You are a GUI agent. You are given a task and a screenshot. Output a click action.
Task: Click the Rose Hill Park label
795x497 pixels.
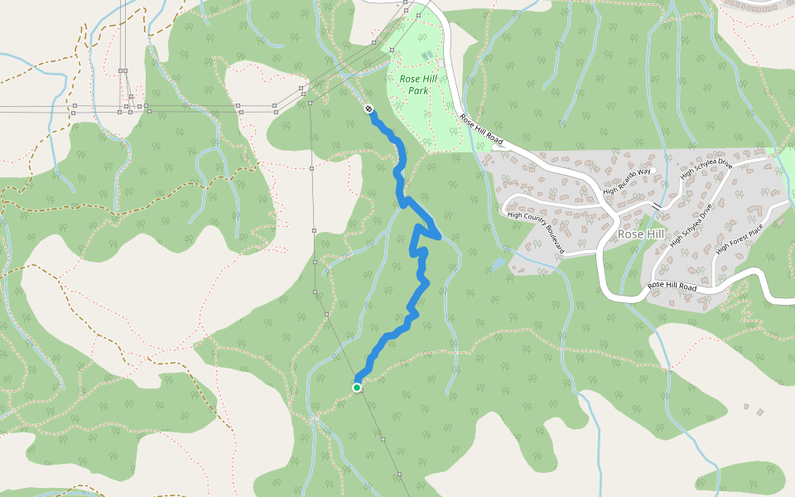(418, 84)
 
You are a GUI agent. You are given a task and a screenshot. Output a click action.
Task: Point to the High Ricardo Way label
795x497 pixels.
(628, 181)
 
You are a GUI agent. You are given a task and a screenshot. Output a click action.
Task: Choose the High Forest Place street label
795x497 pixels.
(740, 237)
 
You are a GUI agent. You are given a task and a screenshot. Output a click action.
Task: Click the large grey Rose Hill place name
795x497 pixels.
(640, 234)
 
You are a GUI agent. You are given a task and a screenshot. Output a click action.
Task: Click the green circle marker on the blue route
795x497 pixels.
(357, 387)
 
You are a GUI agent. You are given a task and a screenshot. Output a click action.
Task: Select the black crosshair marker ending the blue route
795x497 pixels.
(369, 109)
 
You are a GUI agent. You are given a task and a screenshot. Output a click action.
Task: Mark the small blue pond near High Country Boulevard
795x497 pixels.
(497, 265)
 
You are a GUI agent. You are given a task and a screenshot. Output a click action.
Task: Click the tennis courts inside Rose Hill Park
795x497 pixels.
(426, 55)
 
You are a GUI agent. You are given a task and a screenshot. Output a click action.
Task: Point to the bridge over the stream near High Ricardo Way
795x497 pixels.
(657, 205)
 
